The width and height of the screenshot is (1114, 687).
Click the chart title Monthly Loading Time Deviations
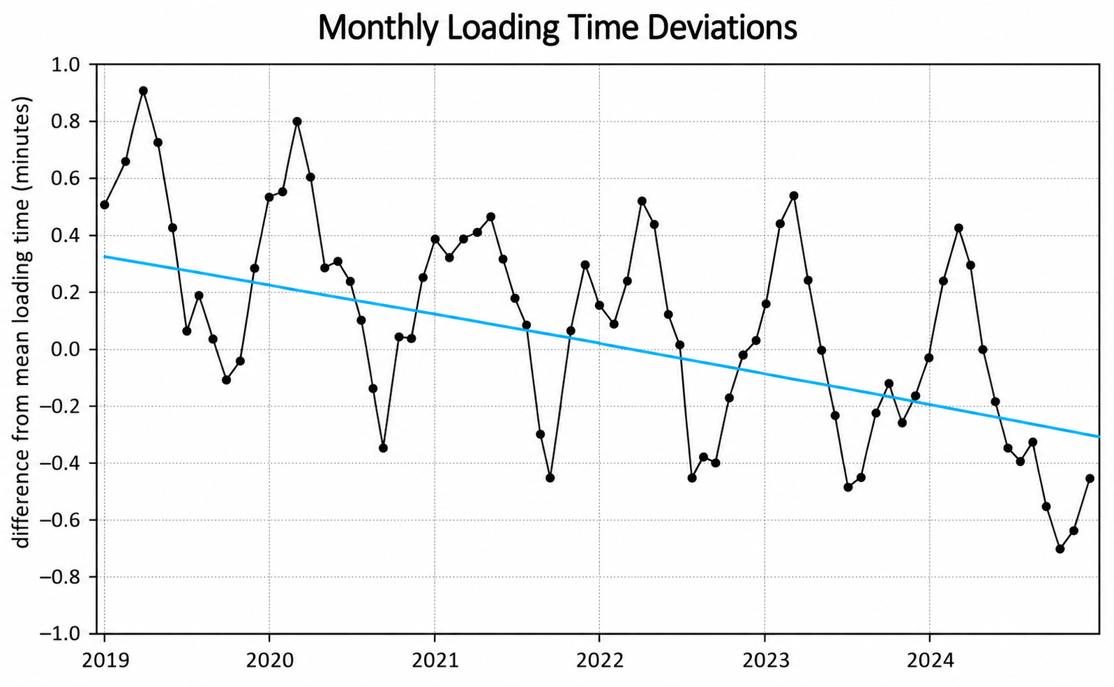click(x=557, y=28)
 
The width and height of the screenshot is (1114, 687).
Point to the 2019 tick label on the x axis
click(x=105, y=660)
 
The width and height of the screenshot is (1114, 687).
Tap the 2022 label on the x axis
click(x=600, y=660)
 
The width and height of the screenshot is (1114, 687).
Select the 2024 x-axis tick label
click(x=930, y=660)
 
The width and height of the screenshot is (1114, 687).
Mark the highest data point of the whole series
click(x=143, y=91)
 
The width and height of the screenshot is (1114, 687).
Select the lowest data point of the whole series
click(x=1060, y=549)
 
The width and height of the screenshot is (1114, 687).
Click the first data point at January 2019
click(x=105, y=205)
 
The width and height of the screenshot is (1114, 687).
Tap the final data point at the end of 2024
click(x=1090, y=478)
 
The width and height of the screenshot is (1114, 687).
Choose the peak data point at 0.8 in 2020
click(x=297, y=121)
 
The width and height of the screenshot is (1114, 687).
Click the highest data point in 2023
click(x=794, y=195)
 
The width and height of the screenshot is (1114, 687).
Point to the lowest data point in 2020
click(x=383, y=448)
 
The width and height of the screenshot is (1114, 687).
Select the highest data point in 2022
click(x=642, y=201)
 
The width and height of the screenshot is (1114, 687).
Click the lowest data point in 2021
click(x=550, y=478)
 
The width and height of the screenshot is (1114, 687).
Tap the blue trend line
click(x=602, y=347)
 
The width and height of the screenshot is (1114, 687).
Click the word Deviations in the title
click(x=722, y=28)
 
